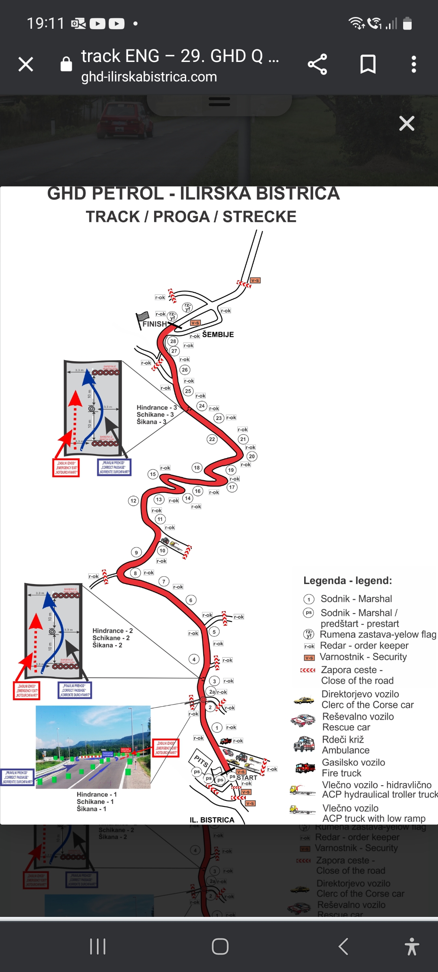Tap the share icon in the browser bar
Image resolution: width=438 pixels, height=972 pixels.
point(317,64)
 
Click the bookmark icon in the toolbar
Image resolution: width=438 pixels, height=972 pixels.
point(368,64)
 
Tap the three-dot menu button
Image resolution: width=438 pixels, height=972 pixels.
point(414,64)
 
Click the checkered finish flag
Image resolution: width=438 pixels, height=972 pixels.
point(142,317)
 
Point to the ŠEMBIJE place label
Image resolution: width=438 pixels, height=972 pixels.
point(218,335)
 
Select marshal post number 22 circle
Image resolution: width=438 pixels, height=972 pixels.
point(212,439)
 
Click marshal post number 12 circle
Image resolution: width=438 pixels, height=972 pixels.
point(133,501)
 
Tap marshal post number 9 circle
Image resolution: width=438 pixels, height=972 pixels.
point(136,552)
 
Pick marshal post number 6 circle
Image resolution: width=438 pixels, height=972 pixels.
point(191,600)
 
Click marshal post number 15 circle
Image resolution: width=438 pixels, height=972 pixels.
point(153,474)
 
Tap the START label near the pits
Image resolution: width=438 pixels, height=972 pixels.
point(247,778)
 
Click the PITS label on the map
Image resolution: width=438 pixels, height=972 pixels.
point(201,761)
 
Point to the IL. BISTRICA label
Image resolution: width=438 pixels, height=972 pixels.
point(212,820)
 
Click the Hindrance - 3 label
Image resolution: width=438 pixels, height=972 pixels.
point(157,407)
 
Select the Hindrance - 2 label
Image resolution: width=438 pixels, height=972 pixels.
point(112,631)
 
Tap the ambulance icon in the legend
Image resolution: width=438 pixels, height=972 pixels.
point(304,744)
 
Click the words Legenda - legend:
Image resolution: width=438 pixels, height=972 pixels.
point(348,580)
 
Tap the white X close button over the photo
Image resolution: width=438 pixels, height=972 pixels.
point(406,123)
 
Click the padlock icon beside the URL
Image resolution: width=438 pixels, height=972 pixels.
point(66,64)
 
